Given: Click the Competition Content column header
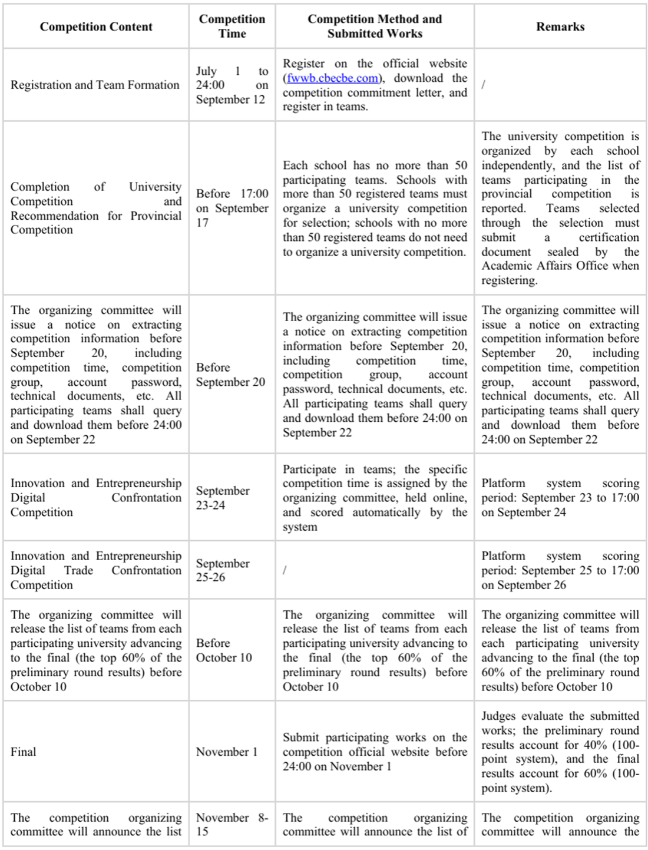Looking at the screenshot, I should [x=96, y=27].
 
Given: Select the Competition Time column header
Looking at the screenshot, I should [x=232, y=27].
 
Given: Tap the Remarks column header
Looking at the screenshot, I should [x=560, y=27].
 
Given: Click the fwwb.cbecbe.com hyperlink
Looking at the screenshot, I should [x=333, y=78].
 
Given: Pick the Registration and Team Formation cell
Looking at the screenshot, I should [x=95, y=85].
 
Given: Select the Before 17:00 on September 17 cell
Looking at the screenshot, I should [x=232, y=208].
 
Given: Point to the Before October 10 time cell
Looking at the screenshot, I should [x=224, y=650].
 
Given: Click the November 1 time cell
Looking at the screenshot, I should [x=227, y=752].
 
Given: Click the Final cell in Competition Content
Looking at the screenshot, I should [x=24, y=752].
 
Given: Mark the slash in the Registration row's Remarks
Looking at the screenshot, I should [x=484, y=85].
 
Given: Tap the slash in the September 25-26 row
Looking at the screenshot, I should [x=285, y=570].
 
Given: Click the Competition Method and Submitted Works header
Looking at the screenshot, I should [x=375, y=27].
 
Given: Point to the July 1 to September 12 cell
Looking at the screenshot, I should [x=232, y=85].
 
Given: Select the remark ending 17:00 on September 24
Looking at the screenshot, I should [x=560, y=498].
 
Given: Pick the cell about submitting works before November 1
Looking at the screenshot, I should [x=375, y=752].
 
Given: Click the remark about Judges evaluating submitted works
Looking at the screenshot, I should [x=560, y=752].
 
